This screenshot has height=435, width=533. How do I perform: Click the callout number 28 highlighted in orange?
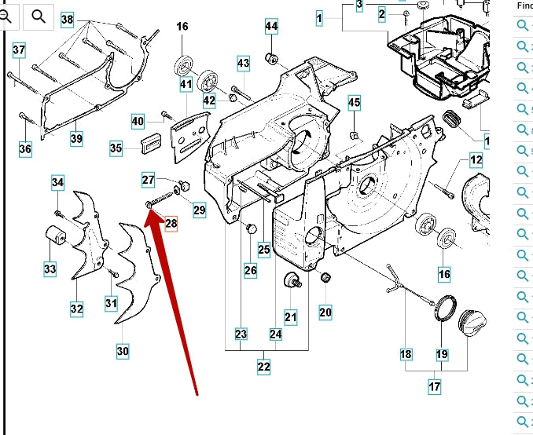[x=171, y=224]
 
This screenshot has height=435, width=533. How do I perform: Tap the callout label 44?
[x=271, y=27]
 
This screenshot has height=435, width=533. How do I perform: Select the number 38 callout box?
[x=67, y=20]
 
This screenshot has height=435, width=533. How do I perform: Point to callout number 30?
[x=123, y=351]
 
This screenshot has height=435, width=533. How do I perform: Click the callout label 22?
[x=263, y=367]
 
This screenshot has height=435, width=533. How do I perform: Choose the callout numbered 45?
[x=355, y=103]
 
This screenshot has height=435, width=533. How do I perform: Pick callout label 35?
[x=116, y=148]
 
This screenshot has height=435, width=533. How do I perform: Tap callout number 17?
[x=435, y=386]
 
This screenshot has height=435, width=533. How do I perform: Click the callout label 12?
[x=476, y=160]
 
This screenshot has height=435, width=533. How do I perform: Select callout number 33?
[x=50, y=269]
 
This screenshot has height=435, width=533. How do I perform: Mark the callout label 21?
[x=291, y=317]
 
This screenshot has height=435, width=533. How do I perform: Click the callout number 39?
[x=76, y=139]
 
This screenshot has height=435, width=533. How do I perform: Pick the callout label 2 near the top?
[x=382, y=14]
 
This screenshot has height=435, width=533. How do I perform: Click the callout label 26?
[x=251, y=271]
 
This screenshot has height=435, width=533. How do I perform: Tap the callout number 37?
[x=19, y=50]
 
